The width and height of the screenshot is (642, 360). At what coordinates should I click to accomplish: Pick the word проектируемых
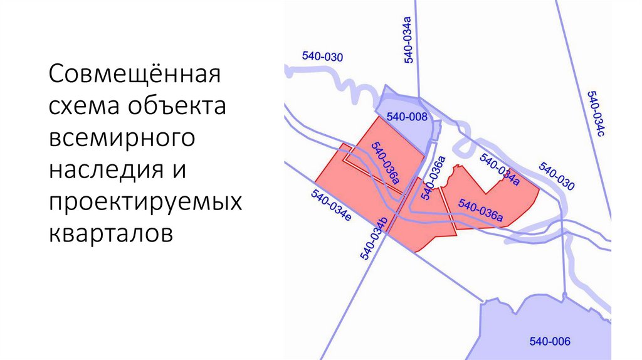tap(145, 202)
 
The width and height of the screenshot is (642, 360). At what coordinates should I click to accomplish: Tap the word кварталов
tap(109, 233)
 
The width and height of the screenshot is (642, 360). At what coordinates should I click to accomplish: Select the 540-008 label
tap(407, 117)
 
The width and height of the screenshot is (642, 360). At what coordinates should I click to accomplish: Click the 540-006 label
tap(550, 342)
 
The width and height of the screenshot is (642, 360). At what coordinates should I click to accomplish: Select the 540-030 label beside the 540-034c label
tap(556, 177)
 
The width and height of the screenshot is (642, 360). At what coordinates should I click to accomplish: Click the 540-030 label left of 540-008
tap(322, 56)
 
